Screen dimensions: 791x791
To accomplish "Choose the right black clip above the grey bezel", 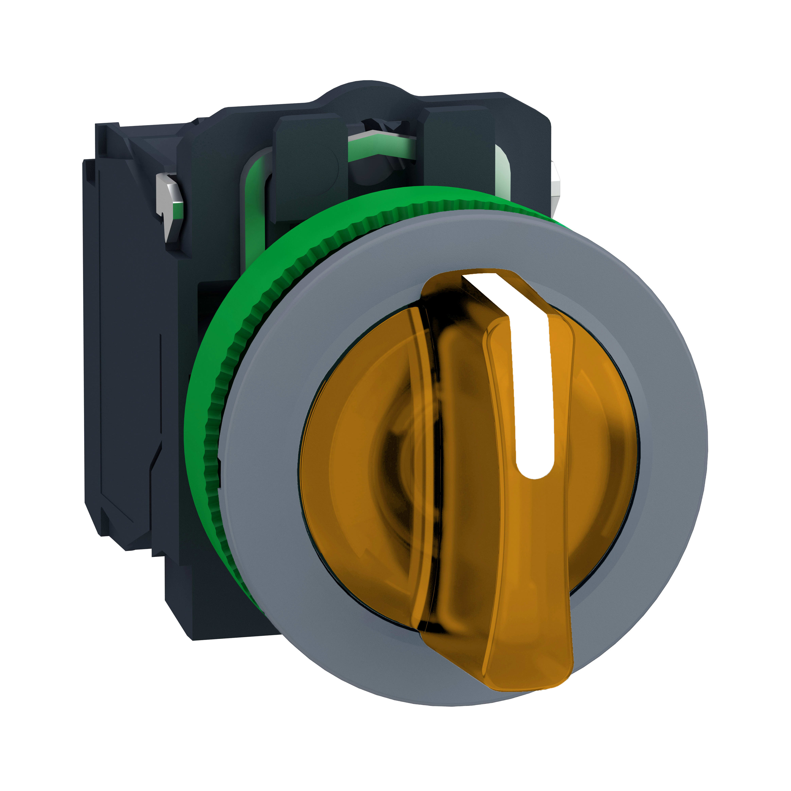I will click(x=459, y=156).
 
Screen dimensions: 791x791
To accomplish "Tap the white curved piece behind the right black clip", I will click(x=503, y=172).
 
